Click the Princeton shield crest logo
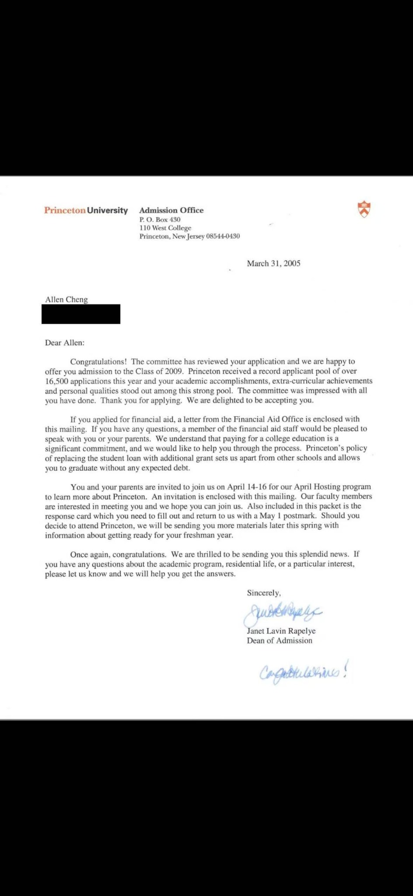click(364, 209)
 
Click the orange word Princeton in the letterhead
click(65, 210)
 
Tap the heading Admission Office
click(171, 210)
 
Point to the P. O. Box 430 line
click(160, 220)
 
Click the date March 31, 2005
click(273, 263)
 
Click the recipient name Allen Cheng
click(66, 300)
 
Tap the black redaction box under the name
click(81, 314)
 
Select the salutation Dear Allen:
click(65, 343)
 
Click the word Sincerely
click(263, 593)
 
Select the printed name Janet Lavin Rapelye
click(281, 631)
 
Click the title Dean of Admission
click(280, 640)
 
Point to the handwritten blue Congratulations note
click(304, 672)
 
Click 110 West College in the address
click(165, 228)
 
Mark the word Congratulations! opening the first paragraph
click(98, 362)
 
